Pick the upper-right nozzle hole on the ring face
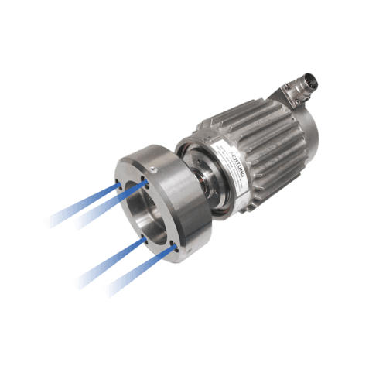[x=147, y=185]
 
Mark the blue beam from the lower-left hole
[x=108, y=261]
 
